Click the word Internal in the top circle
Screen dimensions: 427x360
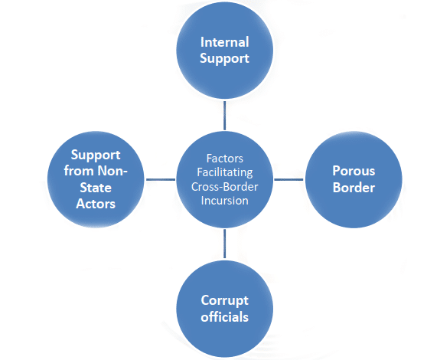point(225,42)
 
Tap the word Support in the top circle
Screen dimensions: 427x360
point(225,59)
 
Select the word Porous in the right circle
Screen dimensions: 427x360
point(354,171)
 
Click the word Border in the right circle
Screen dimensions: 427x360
point(354,188)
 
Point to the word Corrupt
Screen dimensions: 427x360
point(225,301)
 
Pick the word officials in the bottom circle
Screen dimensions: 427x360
point(225,317)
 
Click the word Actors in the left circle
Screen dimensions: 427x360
point(96,204)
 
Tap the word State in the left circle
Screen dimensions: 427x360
point(96,188)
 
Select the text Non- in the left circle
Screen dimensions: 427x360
point(112,171)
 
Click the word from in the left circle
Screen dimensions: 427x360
point(80,171)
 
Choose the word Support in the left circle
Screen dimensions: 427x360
point(96,155)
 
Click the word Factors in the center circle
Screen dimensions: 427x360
point(225,159)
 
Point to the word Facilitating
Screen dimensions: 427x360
point(225,173)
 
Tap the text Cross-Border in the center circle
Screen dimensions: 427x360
point(225,187)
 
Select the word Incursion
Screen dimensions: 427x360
point(225,201)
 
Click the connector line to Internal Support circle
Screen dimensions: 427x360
point(225,116)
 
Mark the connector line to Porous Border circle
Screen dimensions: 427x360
point(288,179)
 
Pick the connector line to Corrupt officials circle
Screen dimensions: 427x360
point(225,244)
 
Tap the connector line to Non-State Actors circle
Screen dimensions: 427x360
point(161,179)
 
